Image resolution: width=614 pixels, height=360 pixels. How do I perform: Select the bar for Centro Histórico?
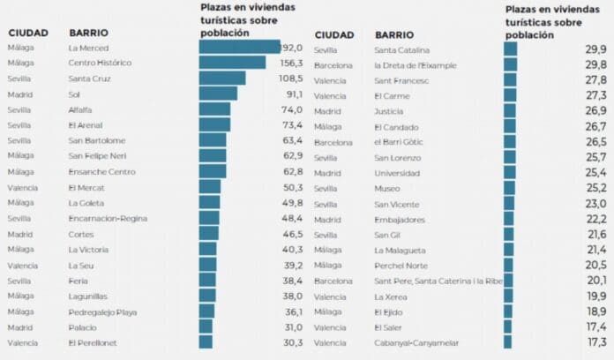click(x=232, y=64)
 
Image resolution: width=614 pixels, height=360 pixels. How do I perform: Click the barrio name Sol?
click(x=74, y=94)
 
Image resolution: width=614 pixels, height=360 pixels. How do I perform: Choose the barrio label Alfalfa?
click(x=80, y=109)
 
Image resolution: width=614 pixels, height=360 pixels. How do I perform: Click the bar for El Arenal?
click(x=214, y=125)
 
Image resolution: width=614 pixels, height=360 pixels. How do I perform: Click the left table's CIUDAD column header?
click(x=27, y=33)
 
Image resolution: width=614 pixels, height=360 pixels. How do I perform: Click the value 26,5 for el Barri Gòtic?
click(x=595, y=141)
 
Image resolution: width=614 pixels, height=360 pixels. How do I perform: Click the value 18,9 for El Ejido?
click(x=596, y=311)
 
